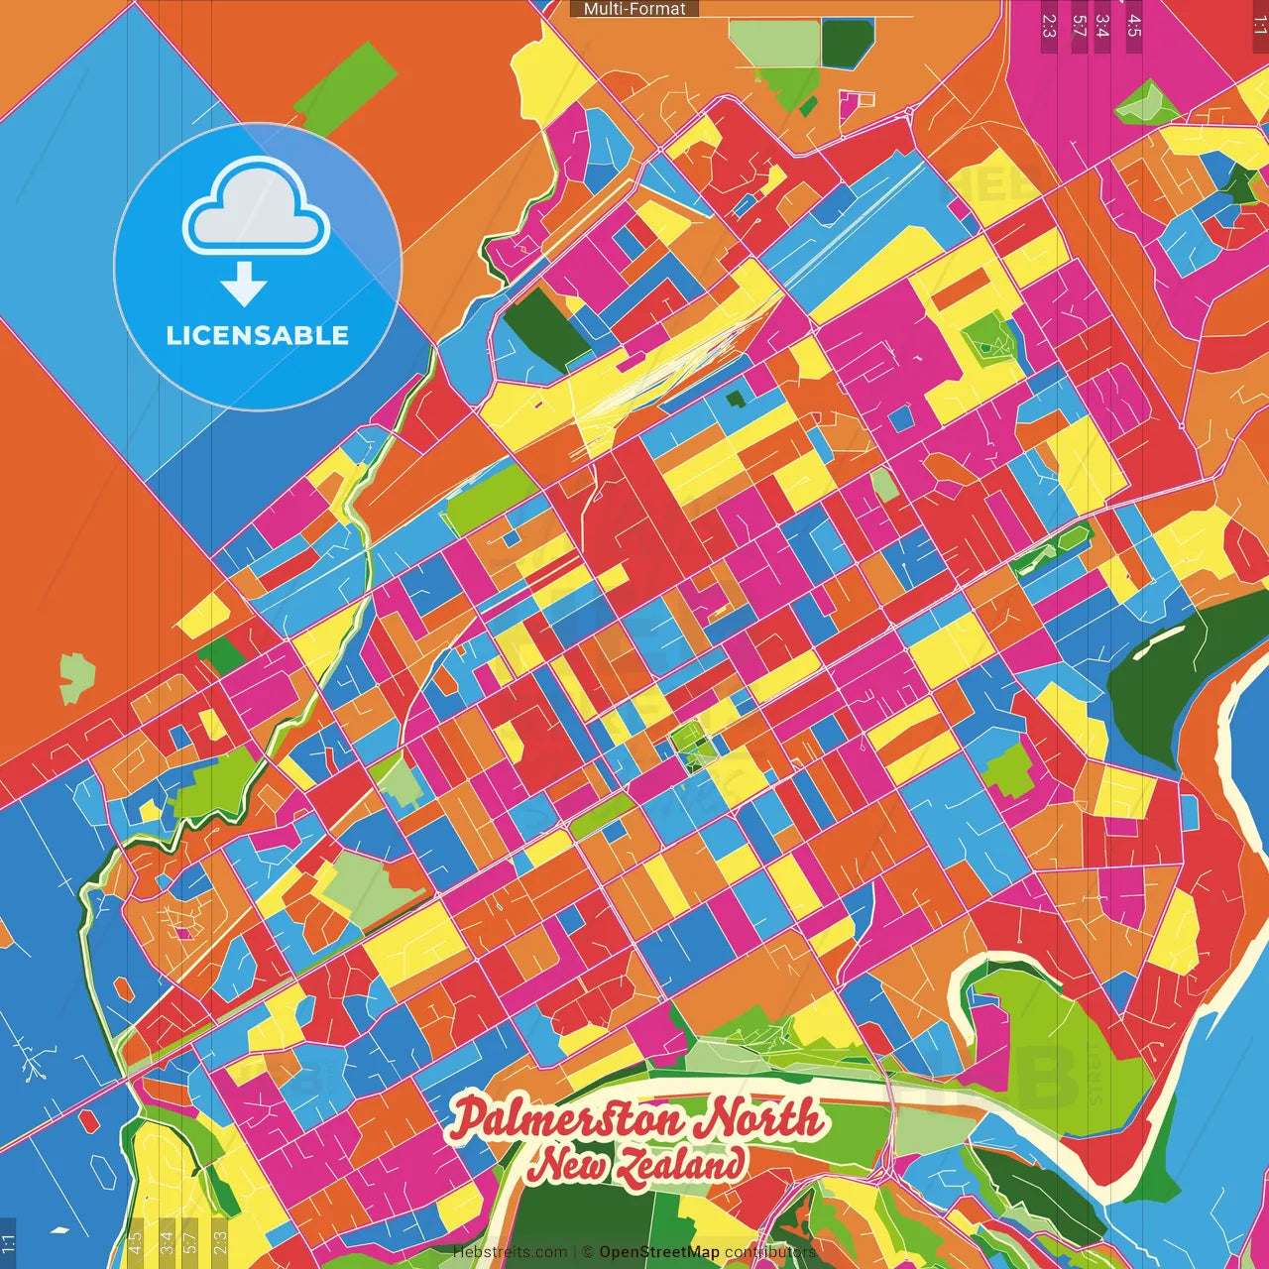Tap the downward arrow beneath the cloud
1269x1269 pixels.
tap(244, 285)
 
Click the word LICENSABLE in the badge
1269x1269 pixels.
tap(257, 335)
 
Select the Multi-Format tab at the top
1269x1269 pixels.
tap(634, 9)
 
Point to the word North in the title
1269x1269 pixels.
tap(758, 1118)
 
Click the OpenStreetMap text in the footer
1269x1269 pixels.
tap(659, 1252)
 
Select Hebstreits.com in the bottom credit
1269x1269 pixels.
tap(510, 1252)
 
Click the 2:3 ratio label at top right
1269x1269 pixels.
tap(1049, 25)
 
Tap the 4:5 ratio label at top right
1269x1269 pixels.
tap(1134, 25)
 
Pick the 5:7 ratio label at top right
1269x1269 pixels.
tap(1079, 25)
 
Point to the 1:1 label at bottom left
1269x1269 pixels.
tap(8, 1242)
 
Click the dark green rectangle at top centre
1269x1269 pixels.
tap(848, 42)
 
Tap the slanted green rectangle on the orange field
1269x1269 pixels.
tap(345, 89)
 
